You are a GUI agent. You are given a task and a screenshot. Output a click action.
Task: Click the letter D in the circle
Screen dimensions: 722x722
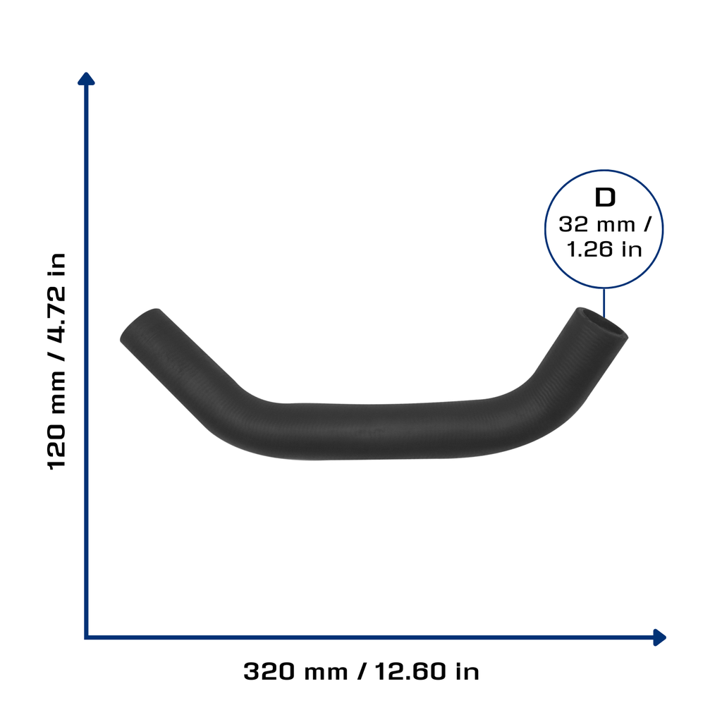604,197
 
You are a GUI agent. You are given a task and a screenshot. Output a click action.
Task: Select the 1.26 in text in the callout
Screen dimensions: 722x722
604,250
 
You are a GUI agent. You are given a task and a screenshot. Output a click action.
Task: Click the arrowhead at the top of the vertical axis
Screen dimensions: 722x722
86,79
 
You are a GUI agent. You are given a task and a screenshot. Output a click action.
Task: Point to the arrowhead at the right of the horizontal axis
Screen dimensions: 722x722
659,637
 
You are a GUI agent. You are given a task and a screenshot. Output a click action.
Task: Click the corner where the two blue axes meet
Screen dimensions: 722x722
86,637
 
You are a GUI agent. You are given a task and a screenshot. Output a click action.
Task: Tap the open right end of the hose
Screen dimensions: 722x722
602,322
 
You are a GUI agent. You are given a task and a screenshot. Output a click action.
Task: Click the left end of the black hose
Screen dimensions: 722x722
139,324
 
